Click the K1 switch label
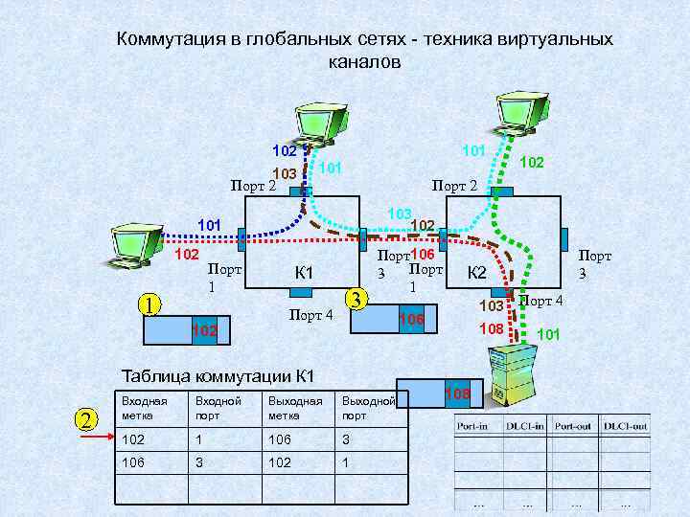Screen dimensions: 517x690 point(304,274)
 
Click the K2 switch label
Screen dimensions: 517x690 point(477,274)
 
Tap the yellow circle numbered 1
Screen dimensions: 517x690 point(148,305)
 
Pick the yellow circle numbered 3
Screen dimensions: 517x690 point(356,298)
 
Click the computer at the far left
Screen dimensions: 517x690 point(131,246)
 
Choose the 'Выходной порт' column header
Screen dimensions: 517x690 point(368,408)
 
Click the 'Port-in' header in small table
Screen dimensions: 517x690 point(476,425)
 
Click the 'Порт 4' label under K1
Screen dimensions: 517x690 point(310,316)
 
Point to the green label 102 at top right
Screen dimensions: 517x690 point(532,163)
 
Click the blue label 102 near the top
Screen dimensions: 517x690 point(285,151)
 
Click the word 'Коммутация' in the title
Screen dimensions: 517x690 point(169,40)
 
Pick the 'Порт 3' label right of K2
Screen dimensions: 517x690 point(595,265)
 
